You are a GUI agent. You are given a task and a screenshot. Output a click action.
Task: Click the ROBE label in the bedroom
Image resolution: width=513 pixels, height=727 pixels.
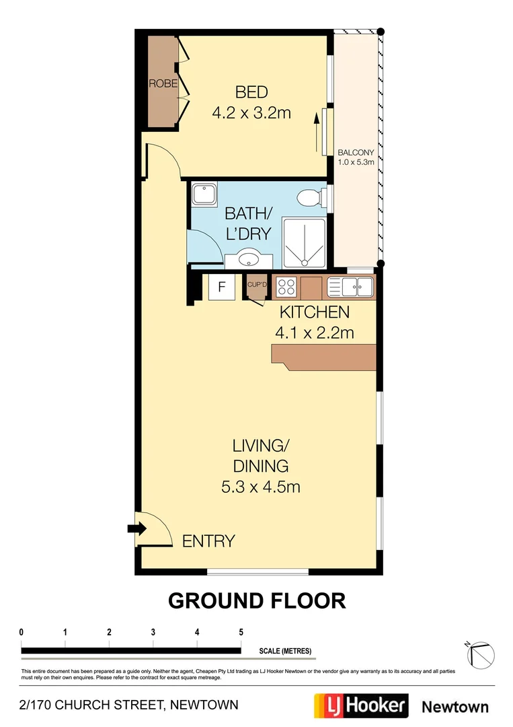pyautogui.click(x=163, y=84)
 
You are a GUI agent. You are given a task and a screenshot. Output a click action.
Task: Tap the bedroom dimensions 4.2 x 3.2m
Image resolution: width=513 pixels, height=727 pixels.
pyautogui.click(x=251, y=113)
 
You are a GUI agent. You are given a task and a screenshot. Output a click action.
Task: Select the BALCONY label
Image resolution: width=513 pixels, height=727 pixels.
pyautogui.click(x=356, y=152)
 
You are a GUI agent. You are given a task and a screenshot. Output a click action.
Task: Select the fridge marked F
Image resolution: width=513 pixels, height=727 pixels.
pyautogui.click(x=221, y=288)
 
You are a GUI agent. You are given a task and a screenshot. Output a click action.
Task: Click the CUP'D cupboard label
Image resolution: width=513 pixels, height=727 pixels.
pyautogui.click(x=257, y=284)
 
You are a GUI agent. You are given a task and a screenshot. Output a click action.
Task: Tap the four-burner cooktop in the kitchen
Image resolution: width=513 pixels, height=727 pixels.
pyautogui.click(x=286, y=287)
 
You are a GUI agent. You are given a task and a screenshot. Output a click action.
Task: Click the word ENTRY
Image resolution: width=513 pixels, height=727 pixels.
pyautogui.click(x=208, y=541)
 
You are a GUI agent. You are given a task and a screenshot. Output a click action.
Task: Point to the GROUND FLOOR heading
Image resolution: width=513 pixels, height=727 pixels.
pyautogui.click(x=256, y=600)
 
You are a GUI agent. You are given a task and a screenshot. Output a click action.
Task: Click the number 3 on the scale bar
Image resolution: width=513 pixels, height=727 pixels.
pyautogui.click(x=153, y=633)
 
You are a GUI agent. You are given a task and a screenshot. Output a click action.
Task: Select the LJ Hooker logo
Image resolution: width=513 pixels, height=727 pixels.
pyautogui.click(x=361, y=705)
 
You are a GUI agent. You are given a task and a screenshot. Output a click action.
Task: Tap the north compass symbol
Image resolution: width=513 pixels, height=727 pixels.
pyautogui.click(x=481, y=652)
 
